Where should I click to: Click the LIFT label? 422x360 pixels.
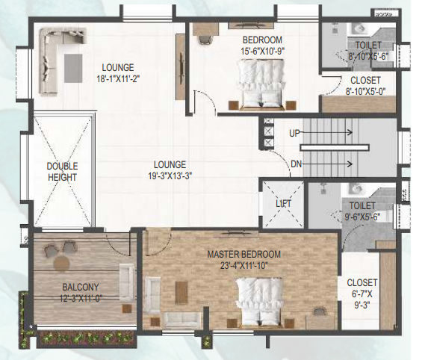tap(283, 203)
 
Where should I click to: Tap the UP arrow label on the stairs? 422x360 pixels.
tap(295, 133)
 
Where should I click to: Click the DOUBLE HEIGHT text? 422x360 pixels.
tap(62, 171)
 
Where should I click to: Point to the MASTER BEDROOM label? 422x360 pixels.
tap(243, 254)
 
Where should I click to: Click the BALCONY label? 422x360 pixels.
tap(81, 287)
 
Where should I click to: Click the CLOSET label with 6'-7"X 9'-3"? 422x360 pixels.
tap(362, 294)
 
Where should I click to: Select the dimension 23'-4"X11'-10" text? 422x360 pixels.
tap(243, 265)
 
